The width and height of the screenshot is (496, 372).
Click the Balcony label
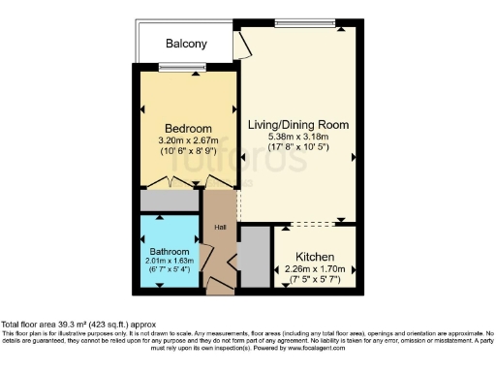pyautogui.click(x=186, y=44)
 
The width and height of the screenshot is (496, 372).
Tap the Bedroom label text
pyautogui.click(x=188, y=128)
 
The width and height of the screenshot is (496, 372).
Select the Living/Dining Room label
pyautogui.click(x=297, y=125)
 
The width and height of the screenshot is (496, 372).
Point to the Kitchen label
pyautogui.click(x=316, y=258)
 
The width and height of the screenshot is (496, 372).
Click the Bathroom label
pyautogui.click(x=170, y=250)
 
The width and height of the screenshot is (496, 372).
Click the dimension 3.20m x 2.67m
pyautogui.click(x=188, y=141)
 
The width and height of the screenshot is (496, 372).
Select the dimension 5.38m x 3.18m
pyautogui.click(x=297, y=138)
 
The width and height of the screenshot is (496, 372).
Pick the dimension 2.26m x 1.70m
pyautogui.click(x=316, y=270)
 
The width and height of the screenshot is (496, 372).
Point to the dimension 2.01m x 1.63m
pyautogui.click(x=170, y=261)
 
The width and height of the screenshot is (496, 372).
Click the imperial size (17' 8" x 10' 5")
pyautogui.click(x=297, y=148)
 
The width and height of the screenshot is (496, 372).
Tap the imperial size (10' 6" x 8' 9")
pyautogui.click(x=188, y=152)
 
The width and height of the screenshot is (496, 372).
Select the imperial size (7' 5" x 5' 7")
pyautogui.click(x=316, y=281)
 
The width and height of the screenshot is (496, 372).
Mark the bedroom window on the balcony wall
pyautogui.click(x=181, y=67)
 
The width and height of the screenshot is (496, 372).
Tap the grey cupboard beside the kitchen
pyautogui.click(x=254, y=257)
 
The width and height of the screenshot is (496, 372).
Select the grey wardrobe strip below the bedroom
pyautogui.click(x=170, y=201)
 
